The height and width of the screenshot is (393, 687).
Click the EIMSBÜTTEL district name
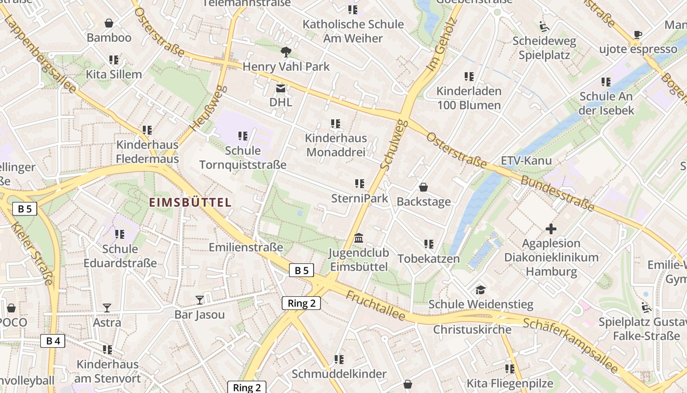coord(190,202)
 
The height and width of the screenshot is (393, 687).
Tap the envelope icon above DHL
coord(281,88)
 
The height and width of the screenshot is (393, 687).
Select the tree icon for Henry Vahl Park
coord(286,52)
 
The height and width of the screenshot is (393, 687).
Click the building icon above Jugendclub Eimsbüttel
coord(359,238)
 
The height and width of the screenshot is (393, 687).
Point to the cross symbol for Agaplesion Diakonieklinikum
coord(551,229)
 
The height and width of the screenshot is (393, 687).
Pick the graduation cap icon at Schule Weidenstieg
coord(480,290)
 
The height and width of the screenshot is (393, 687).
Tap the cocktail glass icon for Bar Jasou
coord(200,300)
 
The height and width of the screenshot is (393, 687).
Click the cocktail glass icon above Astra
coord(107,308)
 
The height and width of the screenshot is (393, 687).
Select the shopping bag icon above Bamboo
coord(109,23)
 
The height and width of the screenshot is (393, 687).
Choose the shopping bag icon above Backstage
coord(423,187)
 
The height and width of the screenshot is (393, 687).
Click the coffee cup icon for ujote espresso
coord(637,34)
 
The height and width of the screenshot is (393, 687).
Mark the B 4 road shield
coord(53,341)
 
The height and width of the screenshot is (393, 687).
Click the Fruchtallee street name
coord(375,305)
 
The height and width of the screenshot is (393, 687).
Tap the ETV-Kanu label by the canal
coord(526,161)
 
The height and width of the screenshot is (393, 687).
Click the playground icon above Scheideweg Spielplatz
coord(544,26)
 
